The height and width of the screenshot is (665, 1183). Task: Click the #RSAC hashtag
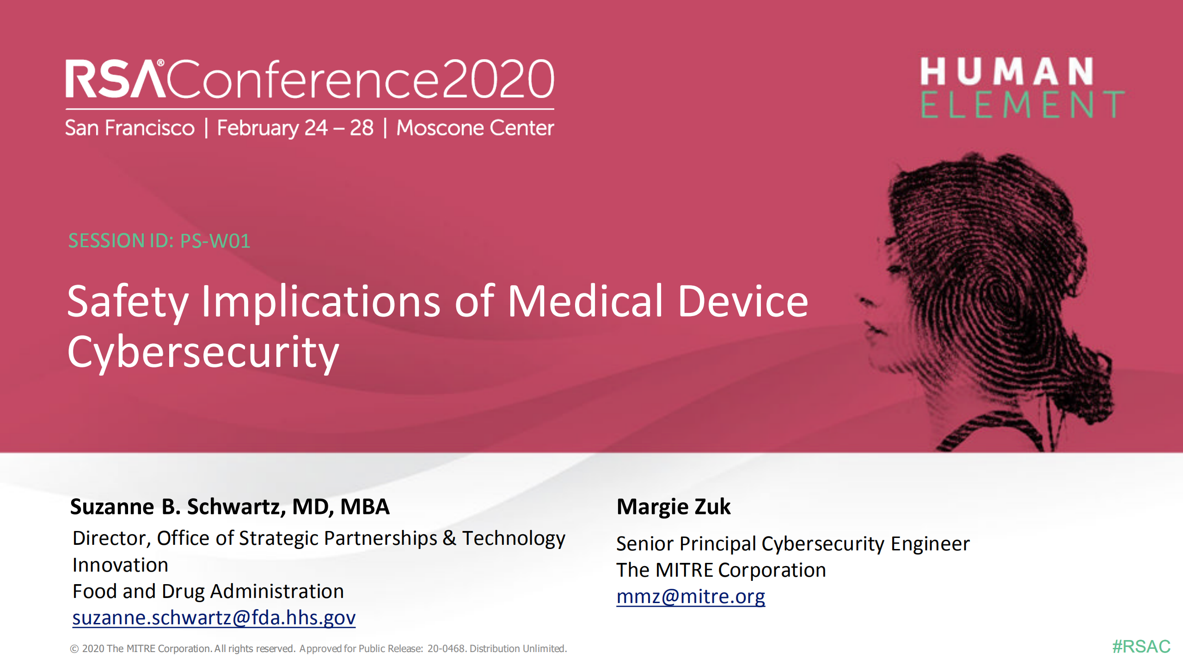tap(1141, 646)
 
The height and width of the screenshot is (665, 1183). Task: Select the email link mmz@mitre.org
tap(691, 596)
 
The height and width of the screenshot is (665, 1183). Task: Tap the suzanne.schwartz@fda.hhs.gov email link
tap(214, 617)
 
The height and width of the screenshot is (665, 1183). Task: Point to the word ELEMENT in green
tap(1022, 104)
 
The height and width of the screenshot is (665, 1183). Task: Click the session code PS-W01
tap(215, 241)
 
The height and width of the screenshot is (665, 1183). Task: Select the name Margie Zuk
tap(674, 506)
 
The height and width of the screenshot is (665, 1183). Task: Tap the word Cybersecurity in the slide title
tap(203, 352)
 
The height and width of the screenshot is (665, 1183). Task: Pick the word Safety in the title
tap(128, 301)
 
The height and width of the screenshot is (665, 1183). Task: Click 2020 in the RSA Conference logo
tap(498, 79)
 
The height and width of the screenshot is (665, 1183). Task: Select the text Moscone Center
tap(475, 128)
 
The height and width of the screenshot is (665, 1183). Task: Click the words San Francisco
tap(130, 128)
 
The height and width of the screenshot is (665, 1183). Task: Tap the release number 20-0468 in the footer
tap(446, 648)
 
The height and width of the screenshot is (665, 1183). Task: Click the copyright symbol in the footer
tap(74, 649)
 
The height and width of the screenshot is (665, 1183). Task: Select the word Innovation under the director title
tap(120, 565)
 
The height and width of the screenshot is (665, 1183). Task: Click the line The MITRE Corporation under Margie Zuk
tap(721, 570)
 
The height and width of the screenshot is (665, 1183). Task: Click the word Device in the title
tap(743, 301)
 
